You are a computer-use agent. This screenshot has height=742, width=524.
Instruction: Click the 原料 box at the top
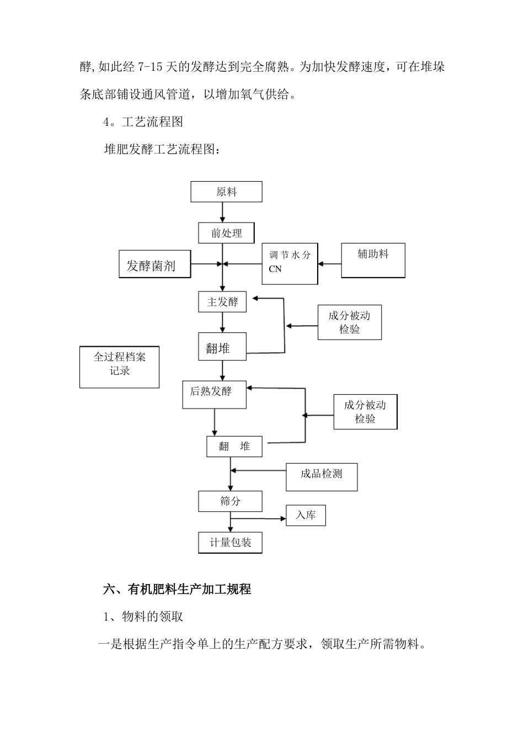pos(226,192)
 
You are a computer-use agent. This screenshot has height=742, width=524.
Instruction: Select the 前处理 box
pos(226,233)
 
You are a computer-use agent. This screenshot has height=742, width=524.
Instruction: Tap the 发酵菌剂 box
pos(155,264)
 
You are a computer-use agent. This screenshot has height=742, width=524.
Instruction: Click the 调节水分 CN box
pos(290,264)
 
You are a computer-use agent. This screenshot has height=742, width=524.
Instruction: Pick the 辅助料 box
pos(373,260)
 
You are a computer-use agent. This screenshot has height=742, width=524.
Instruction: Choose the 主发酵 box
pos(222,302)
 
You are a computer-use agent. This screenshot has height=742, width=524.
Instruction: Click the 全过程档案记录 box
pos(119,367)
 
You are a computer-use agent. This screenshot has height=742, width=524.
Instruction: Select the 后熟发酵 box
pos(214,394)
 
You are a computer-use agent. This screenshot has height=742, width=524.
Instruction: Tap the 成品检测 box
pos(322,477)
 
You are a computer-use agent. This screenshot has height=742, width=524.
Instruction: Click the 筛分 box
pos(230,501)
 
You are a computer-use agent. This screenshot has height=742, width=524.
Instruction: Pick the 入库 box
pos(306,515)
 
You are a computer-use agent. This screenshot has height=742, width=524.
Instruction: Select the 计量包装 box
pos(230,543)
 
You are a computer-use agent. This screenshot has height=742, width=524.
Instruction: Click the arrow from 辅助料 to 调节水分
pos(329,264)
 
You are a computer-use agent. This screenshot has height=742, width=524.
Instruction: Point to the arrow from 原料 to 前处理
pos(222,212)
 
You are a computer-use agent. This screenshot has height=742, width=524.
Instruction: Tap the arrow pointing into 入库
pos(258,518)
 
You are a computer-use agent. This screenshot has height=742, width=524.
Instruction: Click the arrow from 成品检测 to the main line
pos(258,471)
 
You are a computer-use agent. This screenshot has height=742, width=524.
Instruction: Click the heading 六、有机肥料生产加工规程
pos(177,590)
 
